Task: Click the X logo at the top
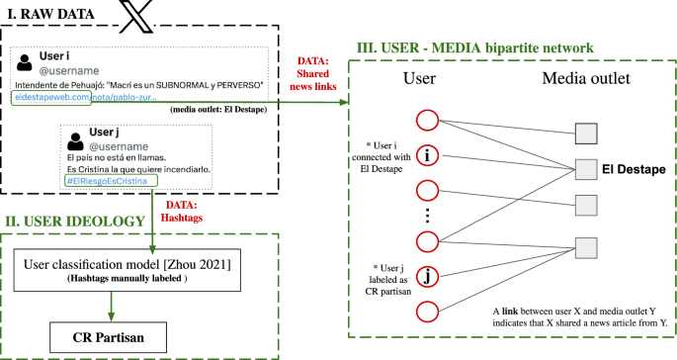coord(130,15)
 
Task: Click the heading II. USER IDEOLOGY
coord(74,222)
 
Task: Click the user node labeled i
coord(428,155)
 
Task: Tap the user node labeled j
coord(428,276)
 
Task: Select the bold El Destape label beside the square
coord(635,170)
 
